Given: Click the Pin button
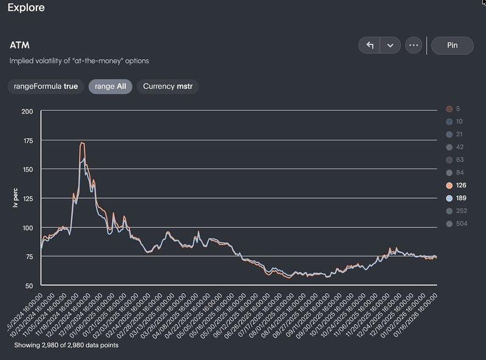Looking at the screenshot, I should [x=452, y=46].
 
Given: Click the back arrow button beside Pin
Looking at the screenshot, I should [x=369, y=46].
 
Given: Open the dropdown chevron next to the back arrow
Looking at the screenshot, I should [x=390, y=46].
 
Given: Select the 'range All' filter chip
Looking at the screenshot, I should [x=110, y=86].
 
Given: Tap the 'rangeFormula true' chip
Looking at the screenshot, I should [x=46, y=86].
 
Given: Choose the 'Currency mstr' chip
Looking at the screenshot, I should [x=167, y=86].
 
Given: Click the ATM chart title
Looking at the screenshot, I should [x=19, y=46].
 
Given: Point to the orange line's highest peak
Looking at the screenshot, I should [x=82, y=143].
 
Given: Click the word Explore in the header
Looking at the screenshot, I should [x=26, y=8].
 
